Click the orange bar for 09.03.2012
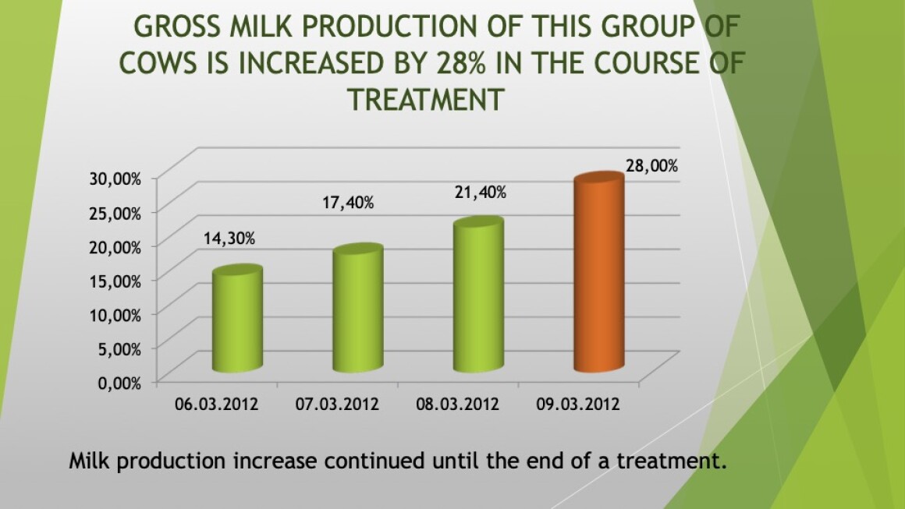599,272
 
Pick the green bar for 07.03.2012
358,308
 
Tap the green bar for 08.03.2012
478,295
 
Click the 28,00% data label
651,166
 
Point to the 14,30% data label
229,238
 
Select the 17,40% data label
348,203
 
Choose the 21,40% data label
481,193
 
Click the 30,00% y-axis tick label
115,179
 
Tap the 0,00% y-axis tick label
119,383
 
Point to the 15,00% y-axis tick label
115,281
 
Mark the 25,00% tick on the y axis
115,213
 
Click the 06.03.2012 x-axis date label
216,404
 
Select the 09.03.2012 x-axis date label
578,404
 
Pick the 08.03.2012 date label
457,404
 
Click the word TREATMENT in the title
426,99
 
